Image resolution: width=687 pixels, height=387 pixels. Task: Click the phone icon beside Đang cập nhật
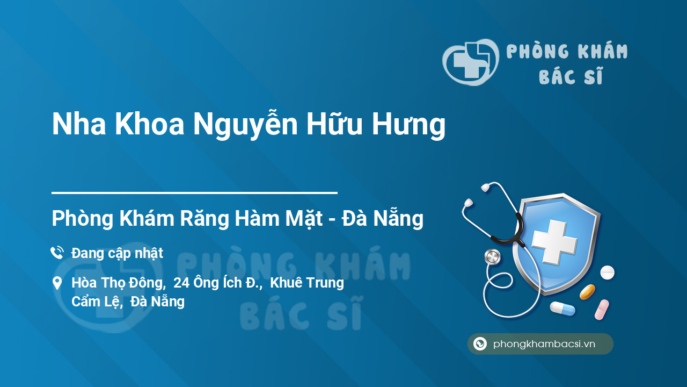[57, 253]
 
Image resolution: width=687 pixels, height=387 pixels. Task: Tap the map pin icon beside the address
[57, 283]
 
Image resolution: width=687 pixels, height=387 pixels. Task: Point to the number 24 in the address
[181, 283]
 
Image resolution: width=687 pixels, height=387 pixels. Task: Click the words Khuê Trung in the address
[307, 283]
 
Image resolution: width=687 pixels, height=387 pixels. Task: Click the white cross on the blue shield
[554, 241]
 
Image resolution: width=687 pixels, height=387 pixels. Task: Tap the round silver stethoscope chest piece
[492, 257]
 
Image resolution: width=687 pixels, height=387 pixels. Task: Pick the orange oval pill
[587, 292]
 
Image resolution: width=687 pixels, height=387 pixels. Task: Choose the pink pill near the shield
[602, 310]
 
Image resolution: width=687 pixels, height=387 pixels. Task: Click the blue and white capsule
[562, 309]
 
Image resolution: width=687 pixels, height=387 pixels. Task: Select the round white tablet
[607, 273]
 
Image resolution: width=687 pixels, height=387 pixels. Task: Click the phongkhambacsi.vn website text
[544, 344]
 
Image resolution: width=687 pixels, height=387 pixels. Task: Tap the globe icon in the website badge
[480, 344]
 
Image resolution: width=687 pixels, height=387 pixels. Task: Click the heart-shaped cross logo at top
[470, 62]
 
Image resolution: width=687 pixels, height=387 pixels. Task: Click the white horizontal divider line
[194, 192]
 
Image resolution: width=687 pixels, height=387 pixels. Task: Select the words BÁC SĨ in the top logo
[571, 77]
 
